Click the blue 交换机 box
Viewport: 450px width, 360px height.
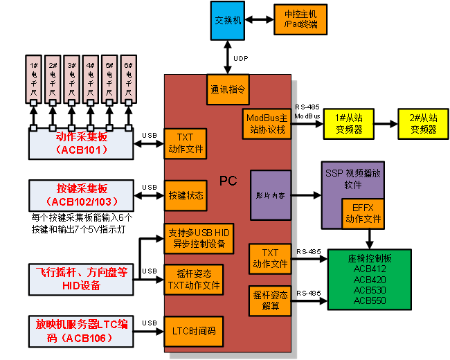[228, 21]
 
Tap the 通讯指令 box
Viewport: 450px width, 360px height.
[228, 90]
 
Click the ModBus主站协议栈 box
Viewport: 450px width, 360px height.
[267, 124]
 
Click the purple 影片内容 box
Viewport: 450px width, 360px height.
[270, 196]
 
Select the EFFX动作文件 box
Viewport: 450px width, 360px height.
[362, 213]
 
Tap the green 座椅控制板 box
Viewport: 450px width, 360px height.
[369, 279]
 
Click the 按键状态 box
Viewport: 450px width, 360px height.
[186, 196]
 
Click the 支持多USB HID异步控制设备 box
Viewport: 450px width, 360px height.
[199, 237]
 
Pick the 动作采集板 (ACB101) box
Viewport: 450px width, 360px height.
[80, 143]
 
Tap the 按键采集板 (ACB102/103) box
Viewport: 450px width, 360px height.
[80, 195]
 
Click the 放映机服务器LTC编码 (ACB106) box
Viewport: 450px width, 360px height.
[80, 331]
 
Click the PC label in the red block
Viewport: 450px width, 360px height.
[228, 181]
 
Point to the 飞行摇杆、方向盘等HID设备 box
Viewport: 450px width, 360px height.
[80, 279]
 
